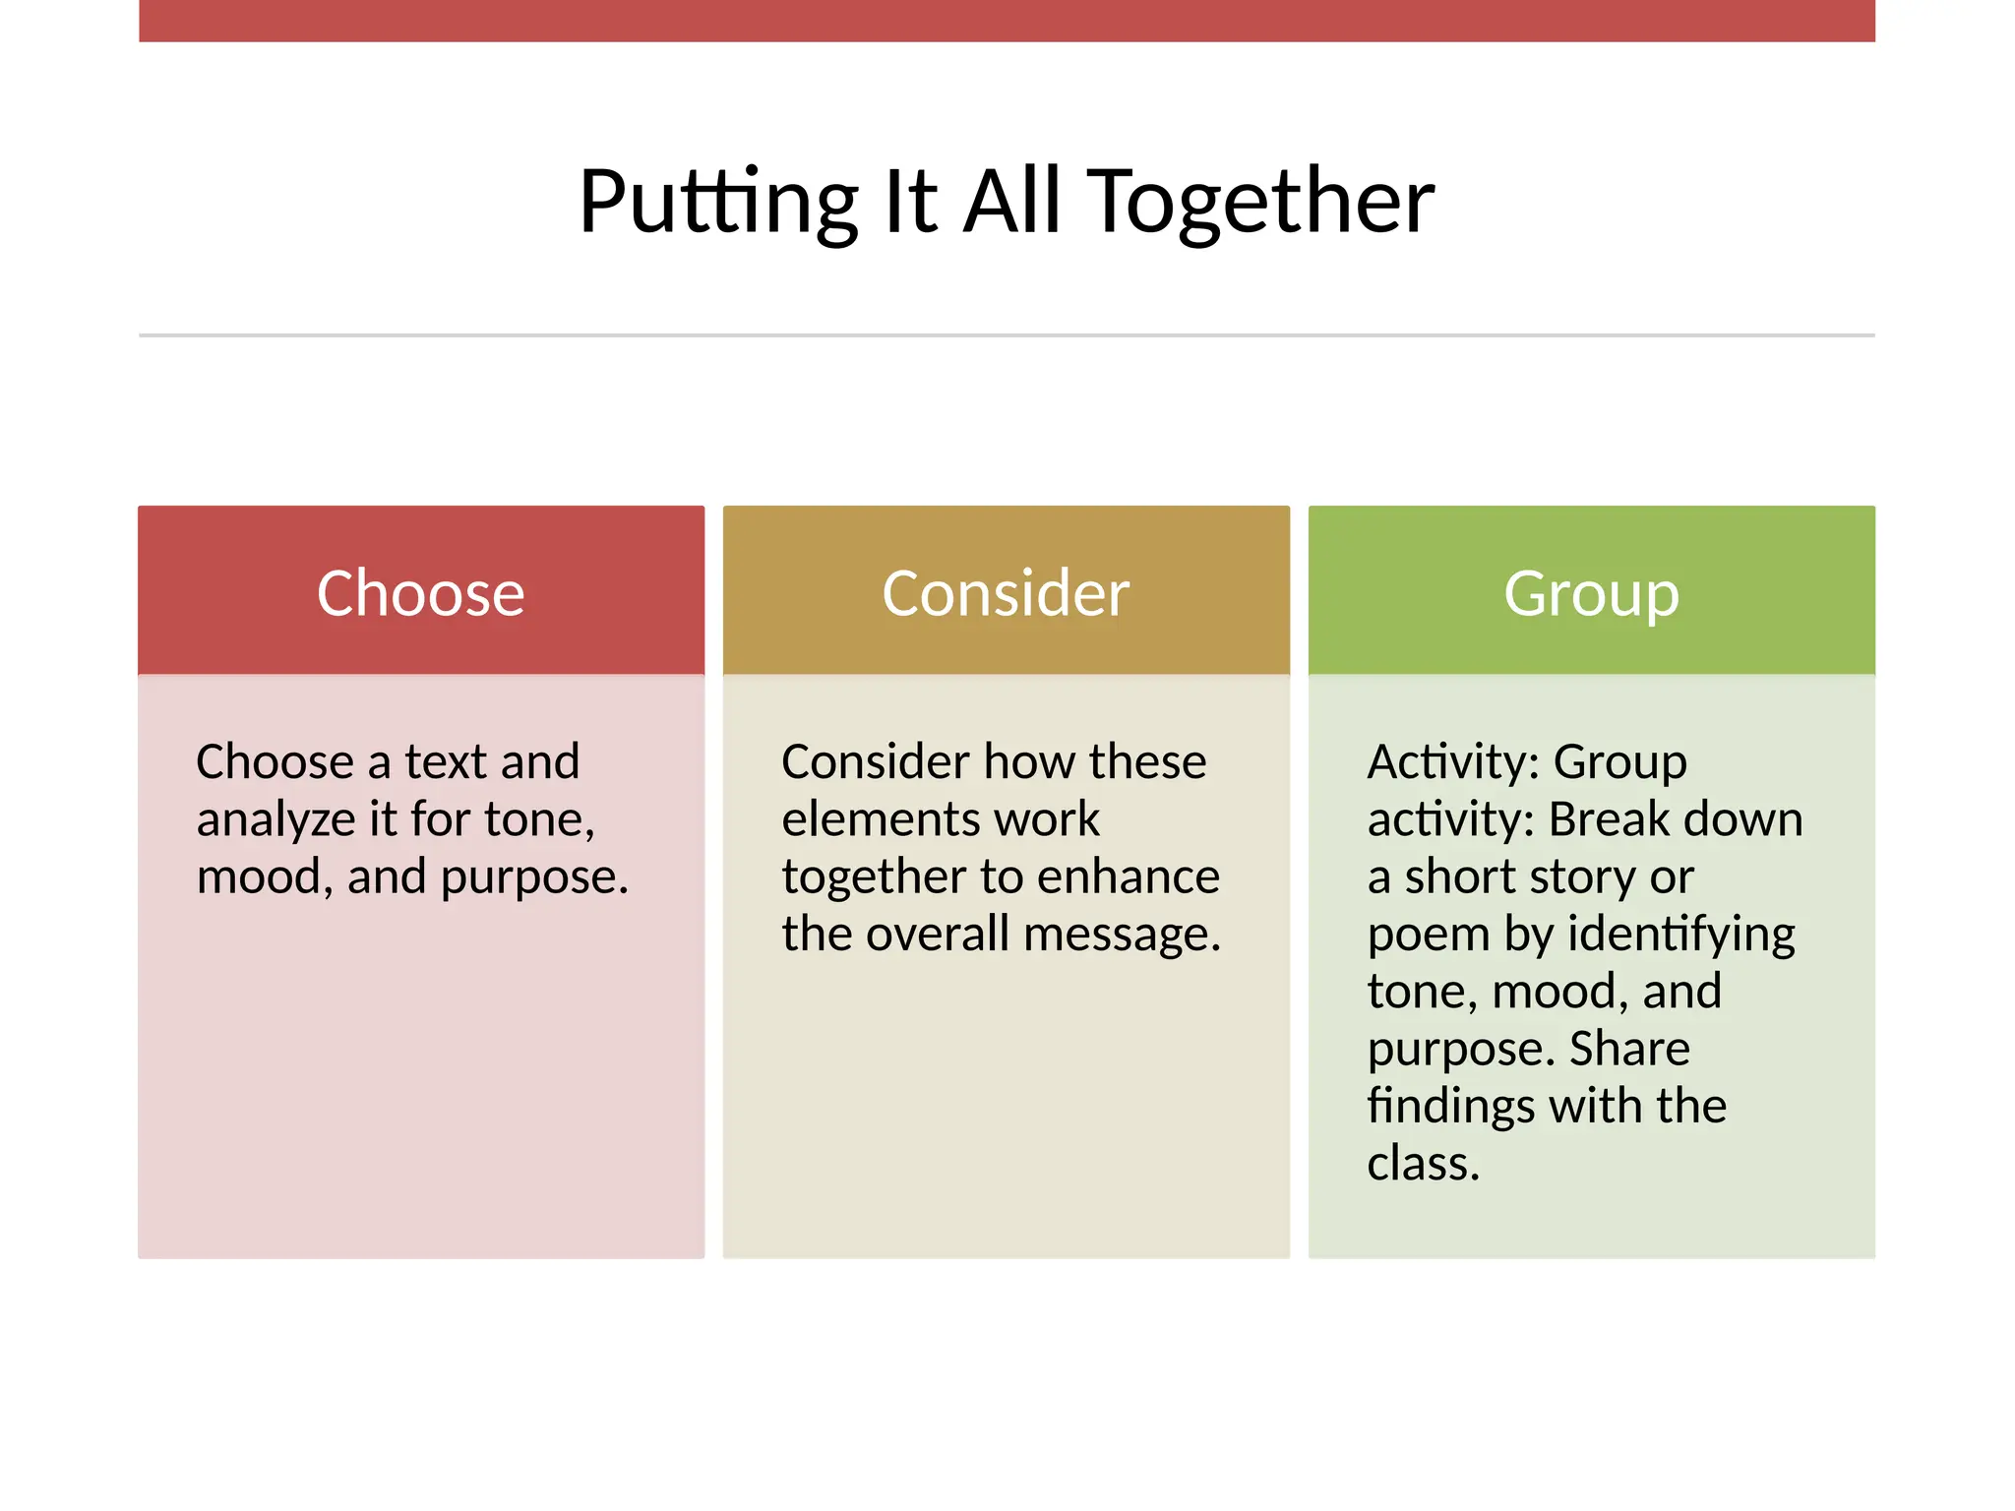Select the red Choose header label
coord(421,593)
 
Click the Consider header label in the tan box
coord(1006,593)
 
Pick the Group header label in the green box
coord(1591,593)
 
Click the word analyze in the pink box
coord(275,820)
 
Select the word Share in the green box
coord(1629,1049)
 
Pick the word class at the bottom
coord(1422,1164)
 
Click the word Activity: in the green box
coord(1452,762)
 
